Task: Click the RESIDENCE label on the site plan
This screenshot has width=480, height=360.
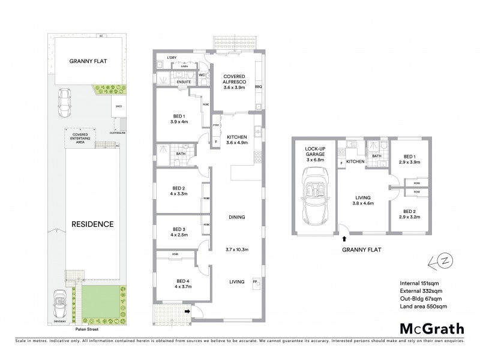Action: (92, 224)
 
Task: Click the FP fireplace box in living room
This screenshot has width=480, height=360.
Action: (254, 281)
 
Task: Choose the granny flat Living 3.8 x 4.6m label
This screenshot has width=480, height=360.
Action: (362, 200)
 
